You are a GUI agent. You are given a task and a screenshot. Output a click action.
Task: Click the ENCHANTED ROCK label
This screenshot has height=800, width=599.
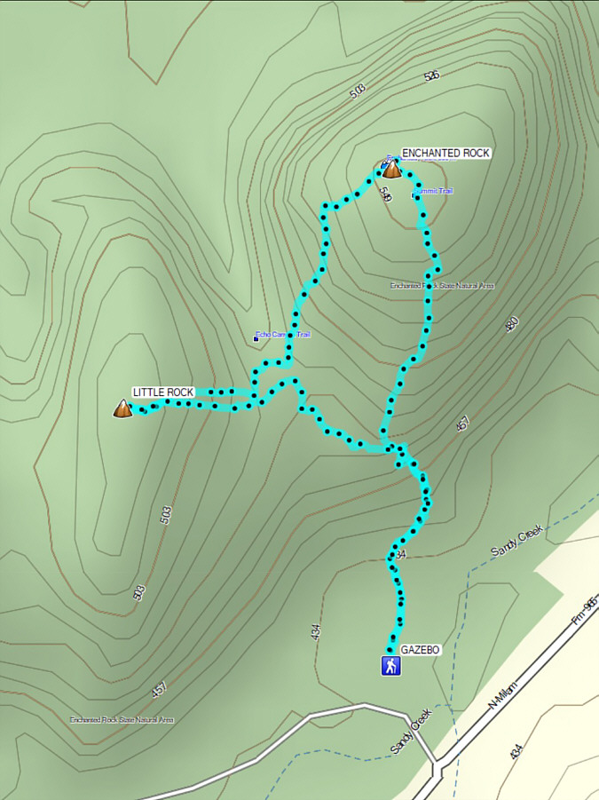445,154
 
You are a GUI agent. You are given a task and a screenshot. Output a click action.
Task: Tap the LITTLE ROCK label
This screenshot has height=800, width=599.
162,392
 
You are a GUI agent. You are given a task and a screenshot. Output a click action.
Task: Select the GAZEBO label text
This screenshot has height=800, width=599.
420,650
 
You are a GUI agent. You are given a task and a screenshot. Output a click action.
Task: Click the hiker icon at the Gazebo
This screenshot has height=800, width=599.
390,666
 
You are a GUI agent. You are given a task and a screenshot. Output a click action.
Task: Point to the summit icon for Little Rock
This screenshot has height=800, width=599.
122,408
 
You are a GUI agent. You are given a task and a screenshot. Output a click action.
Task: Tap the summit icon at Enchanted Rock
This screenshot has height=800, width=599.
390,169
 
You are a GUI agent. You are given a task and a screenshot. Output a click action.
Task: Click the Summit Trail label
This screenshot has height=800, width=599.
434,192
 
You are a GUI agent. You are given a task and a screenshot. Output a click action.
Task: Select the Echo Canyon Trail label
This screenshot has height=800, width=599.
284,335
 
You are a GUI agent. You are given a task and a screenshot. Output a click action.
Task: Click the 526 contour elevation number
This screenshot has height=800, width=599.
432,75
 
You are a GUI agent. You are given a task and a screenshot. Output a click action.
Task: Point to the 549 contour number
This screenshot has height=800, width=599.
386,194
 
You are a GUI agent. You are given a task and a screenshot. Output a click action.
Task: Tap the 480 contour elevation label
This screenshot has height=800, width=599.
510,325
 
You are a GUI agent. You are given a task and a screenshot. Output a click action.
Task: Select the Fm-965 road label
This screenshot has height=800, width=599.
585,608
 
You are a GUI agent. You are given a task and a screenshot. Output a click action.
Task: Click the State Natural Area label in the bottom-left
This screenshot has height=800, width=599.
122,719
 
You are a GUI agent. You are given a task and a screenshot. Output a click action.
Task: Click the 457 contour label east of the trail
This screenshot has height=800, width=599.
462,424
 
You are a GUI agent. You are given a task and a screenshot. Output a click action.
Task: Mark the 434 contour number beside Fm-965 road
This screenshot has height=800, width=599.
516,751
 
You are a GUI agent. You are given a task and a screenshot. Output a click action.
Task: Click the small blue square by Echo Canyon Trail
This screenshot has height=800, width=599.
256,337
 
